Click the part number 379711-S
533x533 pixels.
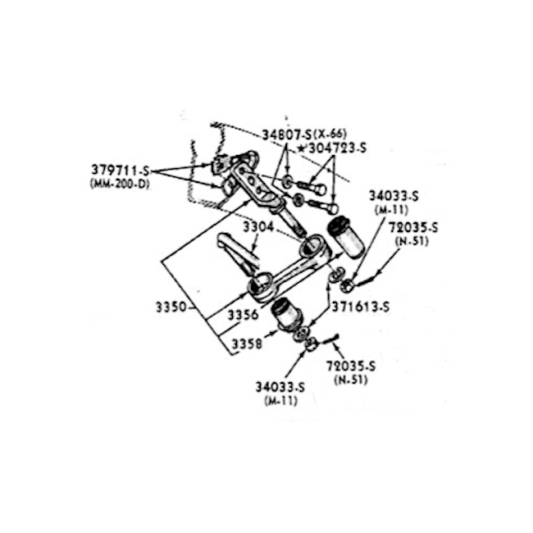121,170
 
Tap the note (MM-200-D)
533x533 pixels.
120,184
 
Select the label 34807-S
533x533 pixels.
287,135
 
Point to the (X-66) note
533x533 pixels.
330,134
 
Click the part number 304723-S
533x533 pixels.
337,148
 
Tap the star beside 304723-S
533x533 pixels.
301,148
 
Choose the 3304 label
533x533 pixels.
258,227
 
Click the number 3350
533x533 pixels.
171,307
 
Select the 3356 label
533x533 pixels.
243,315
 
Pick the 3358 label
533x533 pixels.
247,344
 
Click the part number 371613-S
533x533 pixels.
360,307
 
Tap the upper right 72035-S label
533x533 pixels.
413,227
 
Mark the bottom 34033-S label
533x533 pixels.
280,387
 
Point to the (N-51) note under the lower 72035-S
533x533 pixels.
351,380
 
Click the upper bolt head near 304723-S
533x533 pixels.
321,189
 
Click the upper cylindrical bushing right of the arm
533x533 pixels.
344,237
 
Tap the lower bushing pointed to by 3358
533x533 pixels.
286,312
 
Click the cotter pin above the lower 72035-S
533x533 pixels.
329,339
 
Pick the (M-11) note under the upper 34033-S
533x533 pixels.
391,210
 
